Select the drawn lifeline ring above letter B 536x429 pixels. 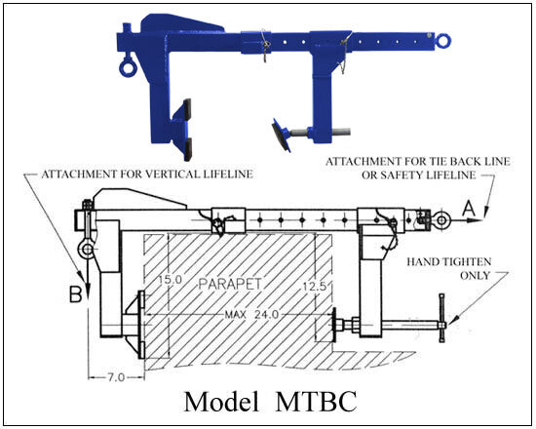pyautogui.click(x=88, y=250)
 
